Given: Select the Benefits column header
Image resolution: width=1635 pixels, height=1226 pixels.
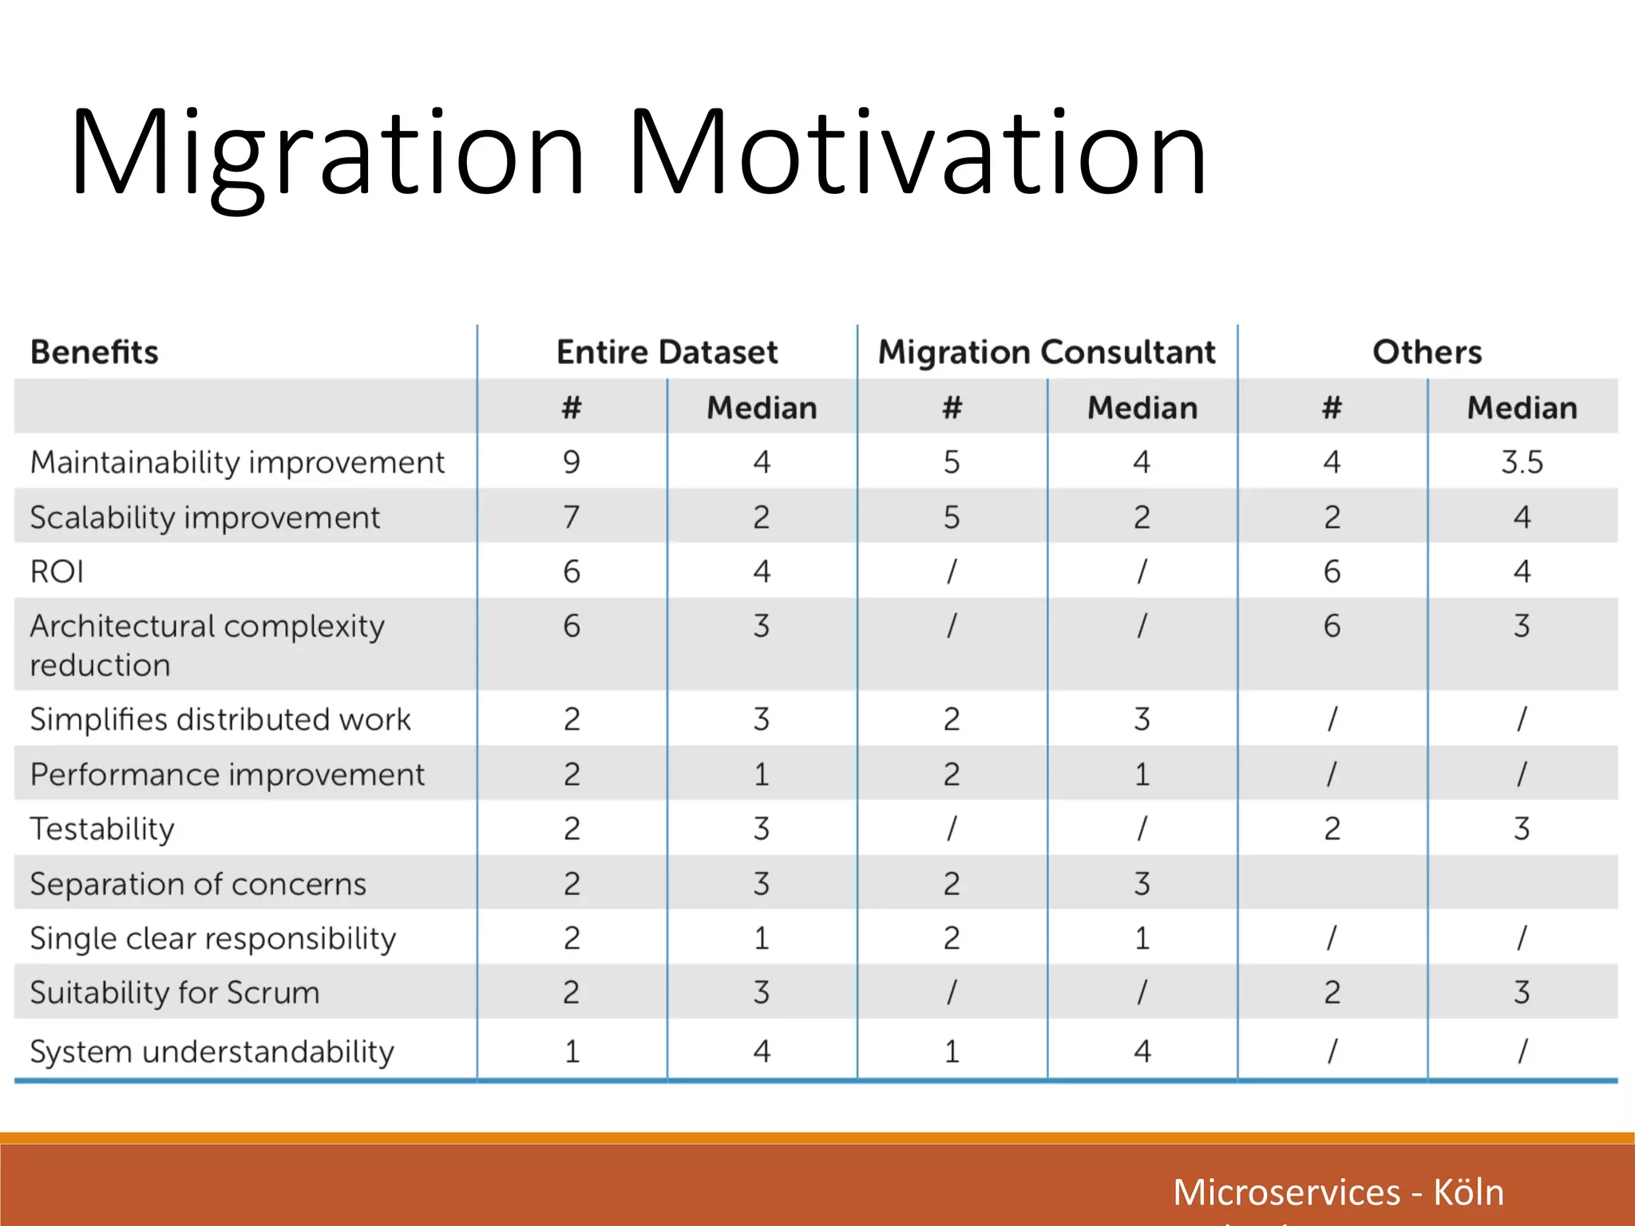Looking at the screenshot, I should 94,352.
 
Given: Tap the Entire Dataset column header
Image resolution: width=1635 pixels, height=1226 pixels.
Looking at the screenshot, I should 667,352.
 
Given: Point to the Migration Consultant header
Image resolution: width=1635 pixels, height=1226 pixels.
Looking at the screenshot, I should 1047,352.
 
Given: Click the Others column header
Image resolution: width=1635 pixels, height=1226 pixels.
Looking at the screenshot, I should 1427,352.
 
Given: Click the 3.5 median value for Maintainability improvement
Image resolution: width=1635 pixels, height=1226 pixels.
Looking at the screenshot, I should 1522,462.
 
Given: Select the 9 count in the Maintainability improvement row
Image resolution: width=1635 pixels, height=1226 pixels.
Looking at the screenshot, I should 572,462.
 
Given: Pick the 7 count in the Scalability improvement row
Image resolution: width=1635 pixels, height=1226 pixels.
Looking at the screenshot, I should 572,517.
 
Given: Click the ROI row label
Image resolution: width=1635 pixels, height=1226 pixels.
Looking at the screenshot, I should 57,571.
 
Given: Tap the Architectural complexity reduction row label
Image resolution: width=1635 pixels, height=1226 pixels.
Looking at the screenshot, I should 207,644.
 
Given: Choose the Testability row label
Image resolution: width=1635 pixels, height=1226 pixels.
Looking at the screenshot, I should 102,829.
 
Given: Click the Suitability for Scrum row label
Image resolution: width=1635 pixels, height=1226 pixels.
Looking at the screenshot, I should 175,992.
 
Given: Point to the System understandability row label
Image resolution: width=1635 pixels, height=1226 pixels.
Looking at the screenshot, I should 212,1051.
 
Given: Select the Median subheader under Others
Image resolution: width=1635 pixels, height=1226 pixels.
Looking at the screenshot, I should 1522,408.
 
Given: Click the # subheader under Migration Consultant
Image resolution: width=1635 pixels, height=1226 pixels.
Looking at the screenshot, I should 952,408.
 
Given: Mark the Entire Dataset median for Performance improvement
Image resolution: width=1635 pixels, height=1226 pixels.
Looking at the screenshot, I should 762,774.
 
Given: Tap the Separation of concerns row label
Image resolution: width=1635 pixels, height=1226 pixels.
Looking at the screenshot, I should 198,884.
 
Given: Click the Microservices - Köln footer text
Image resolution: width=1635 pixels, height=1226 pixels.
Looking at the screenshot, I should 1338,1192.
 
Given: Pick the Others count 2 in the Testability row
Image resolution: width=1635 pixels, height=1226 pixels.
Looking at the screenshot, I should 1332,829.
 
